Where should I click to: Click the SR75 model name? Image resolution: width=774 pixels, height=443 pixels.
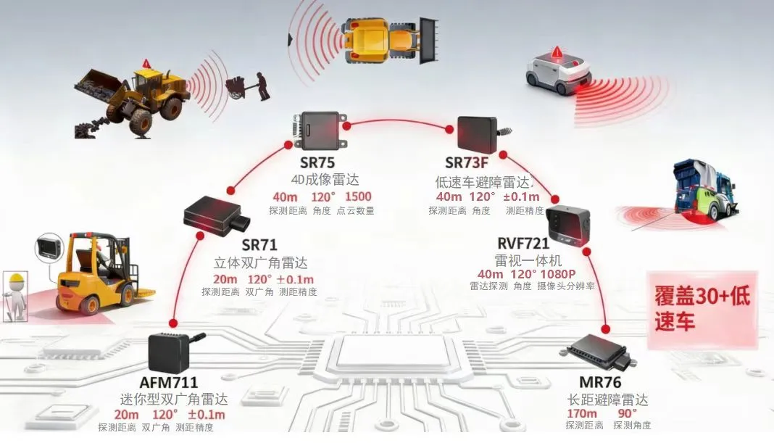[317, 162]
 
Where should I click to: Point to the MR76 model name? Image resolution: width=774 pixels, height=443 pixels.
[600, 382]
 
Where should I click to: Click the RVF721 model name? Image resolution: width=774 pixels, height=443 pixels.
[523, 243]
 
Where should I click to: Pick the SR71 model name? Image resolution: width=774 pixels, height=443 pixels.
[259, 245]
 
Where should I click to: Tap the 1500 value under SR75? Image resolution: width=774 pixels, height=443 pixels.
[358, 197]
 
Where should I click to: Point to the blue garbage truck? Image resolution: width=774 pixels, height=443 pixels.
[705, 191]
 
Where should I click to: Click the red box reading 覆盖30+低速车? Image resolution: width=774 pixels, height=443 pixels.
[702, 309]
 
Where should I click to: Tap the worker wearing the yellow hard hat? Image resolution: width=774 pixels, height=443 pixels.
[14, 293]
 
